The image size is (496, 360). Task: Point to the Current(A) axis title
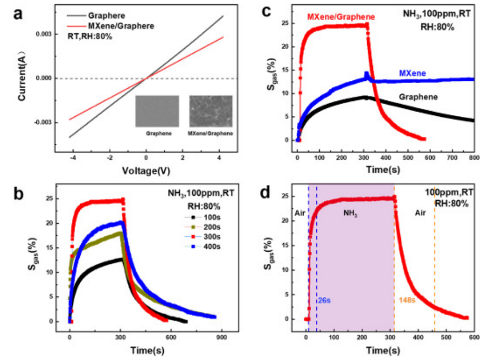coord(23,78)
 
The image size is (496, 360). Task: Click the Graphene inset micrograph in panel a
coord(157,111)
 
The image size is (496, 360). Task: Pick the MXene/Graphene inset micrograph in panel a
coord(210,111)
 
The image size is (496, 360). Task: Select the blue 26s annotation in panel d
coord(324,300)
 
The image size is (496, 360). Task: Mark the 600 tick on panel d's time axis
coord(474,337)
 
